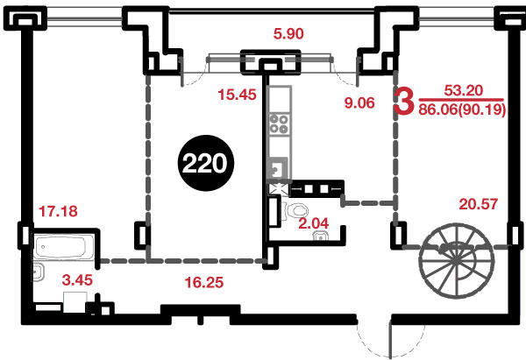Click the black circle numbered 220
pyautogui.click(x=206, y=163)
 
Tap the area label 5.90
pyautogui.click(x=288, y=34)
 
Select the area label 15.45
pyautogui.click(x=237, y=95)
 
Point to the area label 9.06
pyautogui.click(x=359, y=102)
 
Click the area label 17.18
pyautogui.click(x=58, y=211)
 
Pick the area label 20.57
pyautogui.click(x=479, y=204)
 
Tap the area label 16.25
pyautogui.click(x=204, y=283)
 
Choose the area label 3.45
pyautogui.click(x=77, y=280)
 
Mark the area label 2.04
pyautogui.click(x=314, y=223)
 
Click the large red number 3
pyautogui.click(x=404, y=100)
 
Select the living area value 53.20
pyautogui.click(x=464, y=90)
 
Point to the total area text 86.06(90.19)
pyautogui.click(x=462, y=109)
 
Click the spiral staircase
pyautogui.click(x=456, y=260)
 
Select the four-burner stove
pyautogui.click(x=279, y=124)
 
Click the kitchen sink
pyautogui.click(x=278, y=168)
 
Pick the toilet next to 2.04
pyautogui.click(x=296, y=210)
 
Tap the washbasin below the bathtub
pyautogui.click(x=38, y=272)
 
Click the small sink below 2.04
pyautogui.click(x=321, y=236)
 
